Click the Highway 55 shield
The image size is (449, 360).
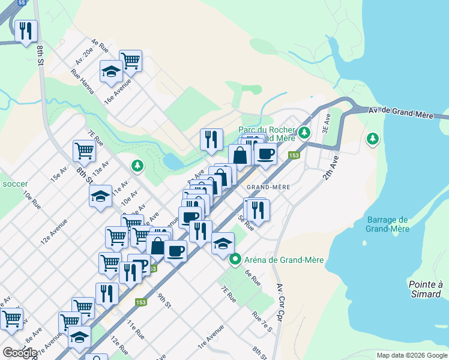pos(22,3)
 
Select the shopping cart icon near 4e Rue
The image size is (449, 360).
pos(130,61)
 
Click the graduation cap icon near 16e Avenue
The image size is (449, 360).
pos(111,72)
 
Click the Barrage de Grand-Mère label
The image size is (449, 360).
pos(387,224)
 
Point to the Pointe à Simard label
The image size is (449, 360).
pos(425,289)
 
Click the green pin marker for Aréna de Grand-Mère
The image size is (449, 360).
pos(235,260)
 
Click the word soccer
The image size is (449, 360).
pos(11,183)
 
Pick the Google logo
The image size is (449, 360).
pos(20,352)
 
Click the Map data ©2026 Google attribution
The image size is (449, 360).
pos(411,355)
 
